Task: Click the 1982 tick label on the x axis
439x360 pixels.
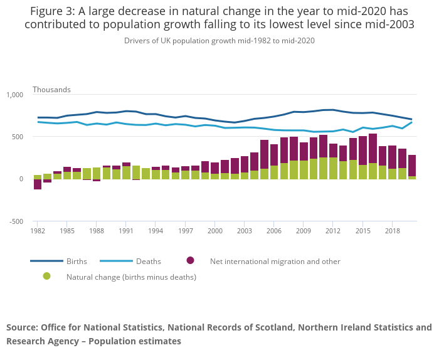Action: (38, 231)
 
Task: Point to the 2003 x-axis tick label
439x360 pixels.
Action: (245, 231)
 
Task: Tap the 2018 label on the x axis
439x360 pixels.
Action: (392, 231)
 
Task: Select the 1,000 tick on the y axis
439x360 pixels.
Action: (14, 95)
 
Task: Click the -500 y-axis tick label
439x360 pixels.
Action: (14, 221)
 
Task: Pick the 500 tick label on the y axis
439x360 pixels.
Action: (17, 137)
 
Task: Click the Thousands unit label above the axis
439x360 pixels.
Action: (51, 90)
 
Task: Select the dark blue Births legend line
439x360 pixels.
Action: (46, 261)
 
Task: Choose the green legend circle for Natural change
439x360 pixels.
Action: (46, 276)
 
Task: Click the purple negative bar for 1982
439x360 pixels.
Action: (38, 184)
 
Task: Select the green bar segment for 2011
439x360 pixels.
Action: (324, 168)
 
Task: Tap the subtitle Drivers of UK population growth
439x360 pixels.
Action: (219, 40)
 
